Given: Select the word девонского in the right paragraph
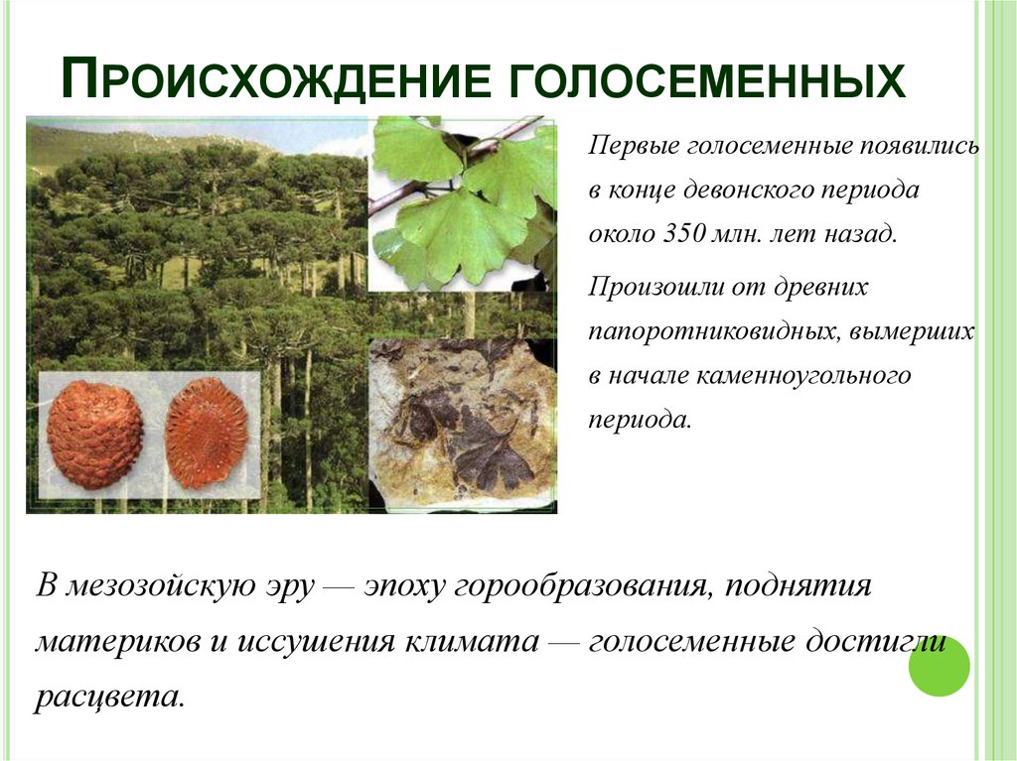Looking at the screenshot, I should pyautogui.click(x=759, y=190).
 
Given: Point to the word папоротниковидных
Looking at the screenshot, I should pyautogui.click(x=713, y=331).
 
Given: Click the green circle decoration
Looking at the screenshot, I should pyautogui.click(x=939, y=666).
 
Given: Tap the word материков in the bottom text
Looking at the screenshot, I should pyautogui.click(x=116, y=640).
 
